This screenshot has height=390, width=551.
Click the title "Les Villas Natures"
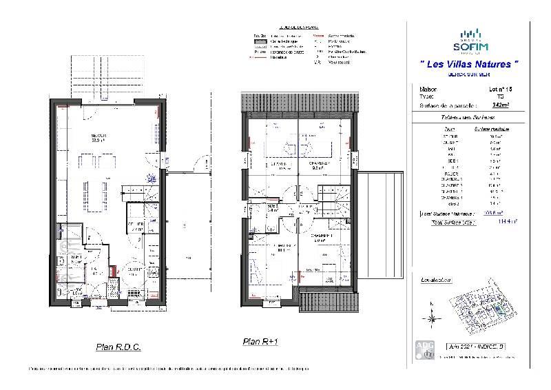click(469, 64)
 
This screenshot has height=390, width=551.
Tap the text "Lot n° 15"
click(501, 90)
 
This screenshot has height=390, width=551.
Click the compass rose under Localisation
click(432, 317)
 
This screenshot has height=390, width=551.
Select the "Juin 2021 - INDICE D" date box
click(476, 347)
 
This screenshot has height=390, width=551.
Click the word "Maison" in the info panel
click(428, 90)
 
